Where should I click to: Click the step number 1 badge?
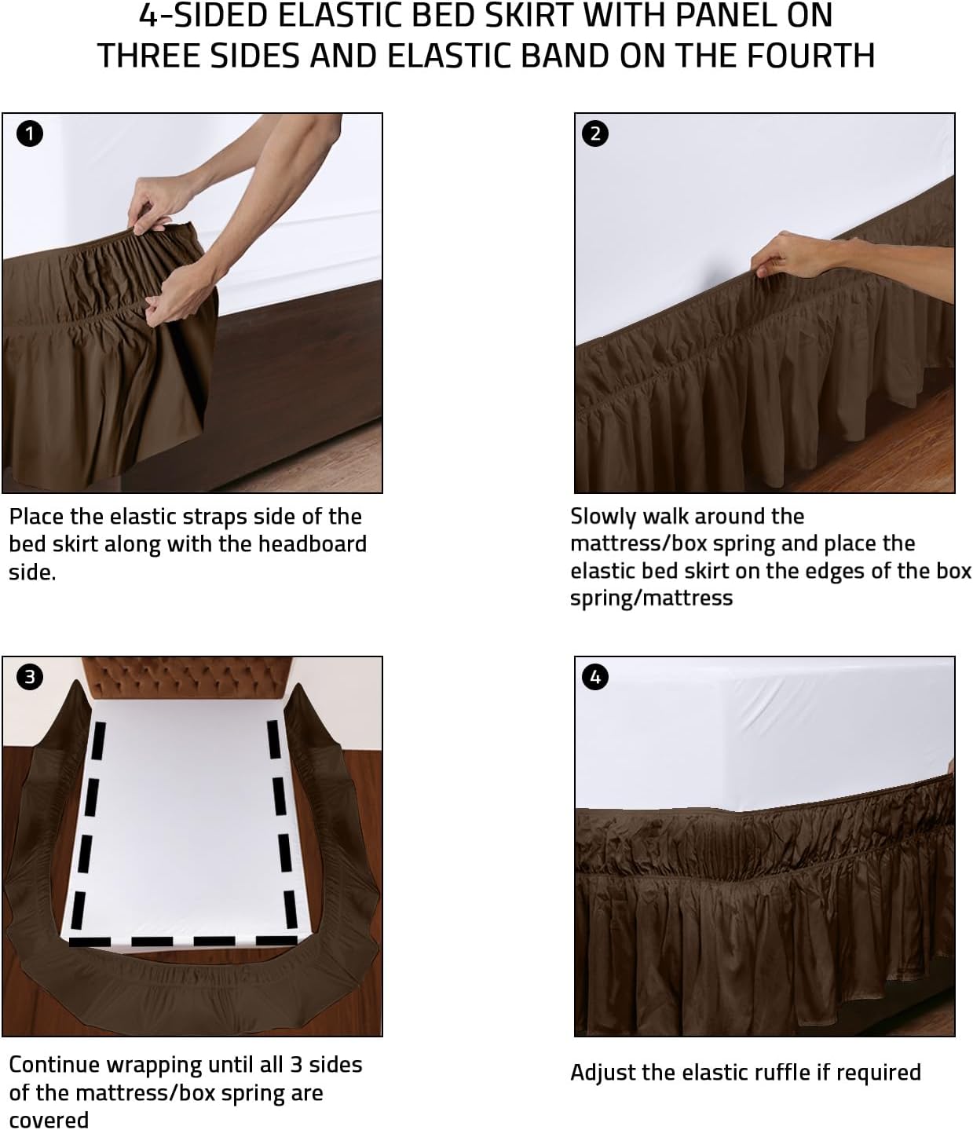[30, 134]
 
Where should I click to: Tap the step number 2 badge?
[594, 134]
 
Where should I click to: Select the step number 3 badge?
[30, 676]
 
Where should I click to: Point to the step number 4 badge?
[594, 676]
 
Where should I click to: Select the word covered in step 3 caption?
[48, 1119]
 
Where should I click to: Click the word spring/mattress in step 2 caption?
[651, 598]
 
